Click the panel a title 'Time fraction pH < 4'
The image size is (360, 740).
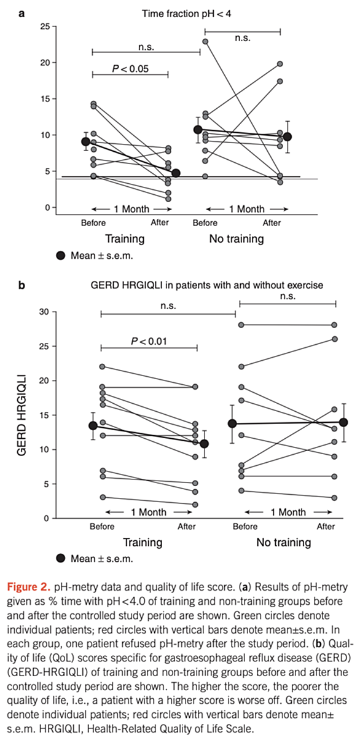coord(186,14)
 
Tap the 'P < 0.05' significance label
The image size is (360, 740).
coord(130,69)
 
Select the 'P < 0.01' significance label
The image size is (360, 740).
coord(149,341)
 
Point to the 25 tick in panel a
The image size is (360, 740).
coord(45,26)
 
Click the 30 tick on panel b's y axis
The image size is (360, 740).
coord(44,312)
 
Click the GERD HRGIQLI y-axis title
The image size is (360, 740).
coord(22,415)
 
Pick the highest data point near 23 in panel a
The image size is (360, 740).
coord(205,42)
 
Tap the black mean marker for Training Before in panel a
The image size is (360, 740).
coord(85,142)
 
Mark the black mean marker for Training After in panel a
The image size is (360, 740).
coord(176,173)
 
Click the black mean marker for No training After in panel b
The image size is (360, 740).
coord(343,422)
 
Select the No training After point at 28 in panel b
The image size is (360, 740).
coord(334,325)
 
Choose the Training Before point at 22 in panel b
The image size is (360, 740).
coord(103,367)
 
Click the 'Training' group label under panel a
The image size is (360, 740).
coord(125,238)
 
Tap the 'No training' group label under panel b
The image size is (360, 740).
coord(284,543)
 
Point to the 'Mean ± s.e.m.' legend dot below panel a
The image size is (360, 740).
coord(61,256)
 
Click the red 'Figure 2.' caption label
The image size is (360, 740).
coord(29,587)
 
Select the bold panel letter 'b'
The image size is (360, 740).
coord(22,285)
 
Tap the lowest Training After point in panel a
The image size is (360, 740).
coord(168,199)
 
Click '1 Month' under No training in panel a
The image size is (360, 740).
coord(247,209)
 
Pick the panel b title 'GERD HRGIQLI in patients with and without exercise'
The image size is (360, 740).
coord(207,285)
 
